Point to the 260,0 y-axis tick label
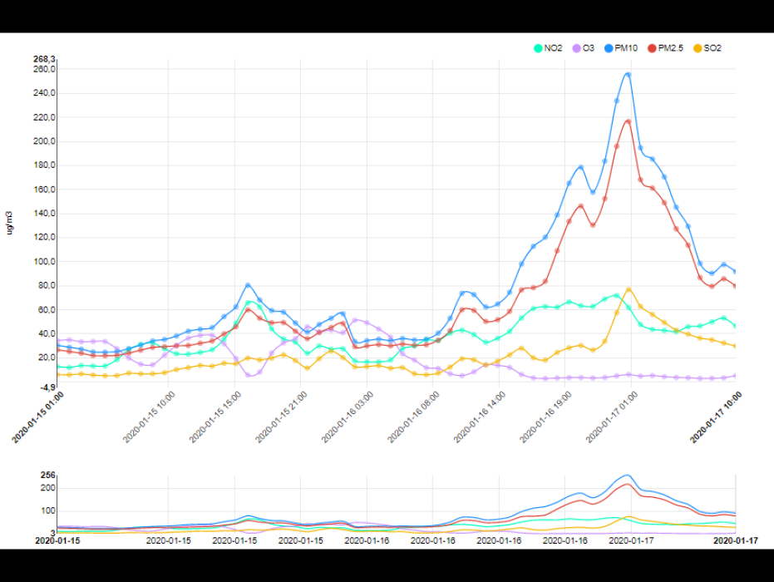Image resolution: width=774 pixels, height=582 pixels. click(44, 70)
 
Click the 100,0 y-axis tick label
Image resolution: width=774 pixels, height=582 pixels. click(44, 262)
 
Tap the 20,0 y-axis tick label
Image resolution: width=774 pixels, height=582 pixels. click(44, 358)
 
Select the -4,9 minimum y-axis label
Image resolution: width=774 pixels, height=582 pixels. click(45, 387)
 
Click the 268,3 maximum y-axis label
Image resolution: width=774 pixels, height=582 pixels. click(44, 59)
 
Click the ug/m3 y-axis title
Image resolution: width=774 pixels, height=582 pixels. click(11, 222)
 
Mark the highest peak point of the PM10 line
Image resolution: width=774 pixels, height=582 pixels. click(628, 74)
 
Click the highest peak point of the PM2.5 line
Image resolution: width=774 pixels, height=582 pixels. click(628, 121)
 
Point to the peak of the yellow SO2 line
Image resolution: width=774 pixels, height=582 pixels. click(629, 289)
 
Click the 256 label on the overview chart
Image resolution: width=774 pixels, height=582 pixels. click(48, 476)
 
